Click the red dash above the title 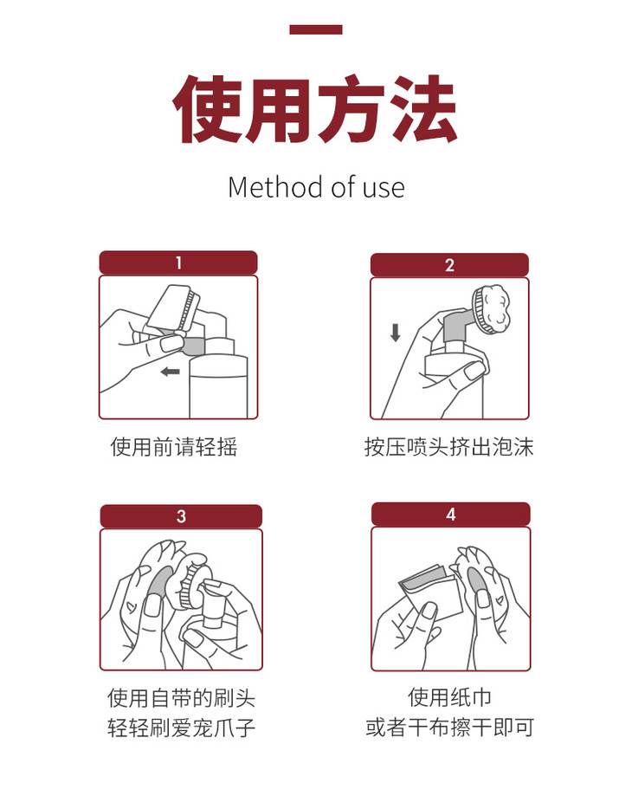[x=315, y=29]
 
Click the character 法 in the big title [x=424, y=108]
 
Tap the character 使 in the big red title [x=208, y=108]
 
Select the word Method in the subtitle [x=276, y=187]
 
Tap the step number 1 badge [x=178, y=262]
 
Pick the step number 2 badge [x=449, y=265]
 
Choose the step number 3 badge [x=181, y=516]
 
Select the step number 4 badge [x=451, y=514]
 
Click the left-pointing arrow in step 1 [x=170, y=372]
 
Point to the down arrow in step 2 [x=395, y=333]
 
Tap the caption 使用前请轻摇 [x=173, y=447]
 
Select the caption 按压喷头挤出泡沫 [x=448, y=447]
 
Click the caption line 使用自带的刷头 [x=181, y=698]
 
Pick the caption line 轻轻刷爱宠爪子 [x=181, y=728]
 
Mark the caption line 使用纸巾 [x=450, y=697]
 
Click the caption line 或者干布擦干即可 [x=450, y=727]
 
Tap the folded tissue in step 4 [x=431, y=591]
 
